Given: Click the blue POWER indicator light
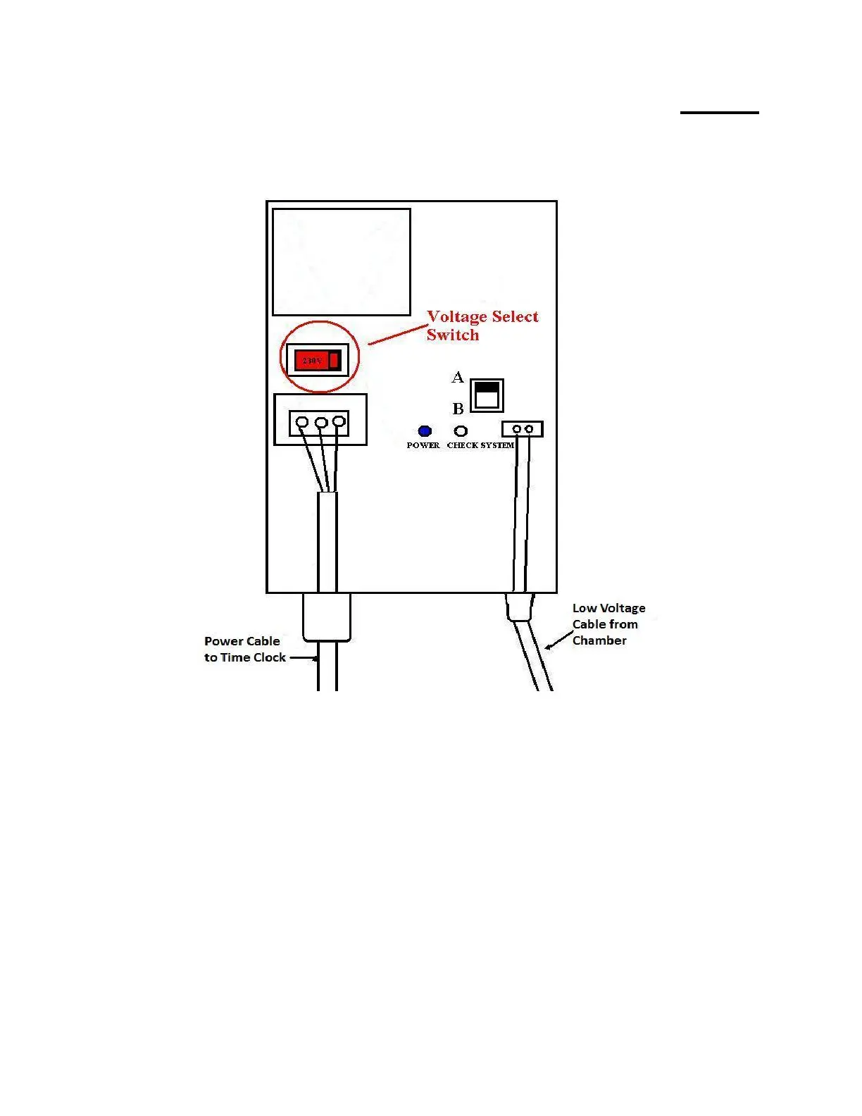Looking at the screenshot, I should pos(425,431).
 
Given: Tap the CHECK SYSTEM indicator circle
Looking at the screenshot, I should pos(461,431).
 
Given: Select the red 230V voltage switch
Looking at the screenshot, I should pos(317,361).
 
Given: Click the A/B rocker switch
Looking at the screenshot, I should pos(487,395).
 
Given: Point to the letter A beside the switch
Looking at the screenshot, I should pos(458,378).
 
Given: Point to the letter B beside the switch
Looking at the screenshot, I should pos(458,409).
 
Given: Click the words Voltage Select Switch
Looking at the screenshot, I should pos(482,325).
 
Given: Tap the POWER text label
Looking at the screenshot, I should pos(423,445).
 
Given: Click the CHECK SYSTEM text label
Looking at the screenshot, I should pos(481,445).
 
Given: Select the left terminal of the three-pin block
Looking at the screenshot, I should pos(302,423).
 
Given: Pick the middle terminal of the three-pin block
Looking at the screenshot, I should pos(320,423).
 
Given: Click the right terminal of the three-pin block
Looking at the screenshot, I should pos(339,422).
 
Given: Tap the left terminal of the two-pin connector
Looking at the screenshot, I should pos(517,429).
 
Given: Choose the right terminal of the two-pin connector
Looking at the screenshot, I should pos(529,429).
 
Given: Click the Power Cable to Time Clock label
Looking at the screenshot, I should pos(244,649).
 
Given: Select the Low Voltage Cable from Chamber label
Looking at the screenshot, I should pos(608,624).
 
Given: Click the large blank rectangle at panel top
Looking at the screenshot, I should pos(342,262).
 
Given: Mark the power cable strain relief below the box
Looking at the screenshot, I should pos(327,617).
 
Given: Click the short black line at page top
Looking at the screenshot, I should pos(719,112).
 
